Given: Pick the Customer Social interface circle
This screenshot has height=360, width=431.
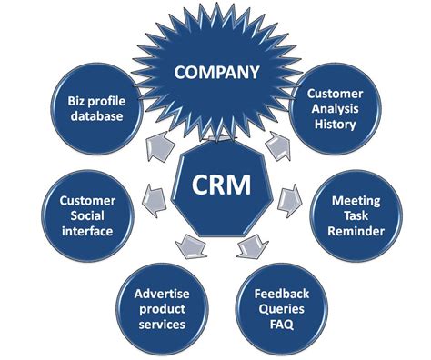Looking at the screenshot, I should (x=85, y=215).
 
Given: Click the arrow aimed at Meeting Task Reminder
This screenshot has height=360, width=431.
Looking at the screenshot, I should (x=290, y=193).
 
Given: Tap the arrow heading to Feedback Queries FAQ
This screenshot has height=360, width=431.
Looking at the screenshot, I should (x=246, y=245).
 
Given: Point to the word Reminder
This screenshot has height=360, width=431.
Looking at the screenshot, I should (x=357, y=231).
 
